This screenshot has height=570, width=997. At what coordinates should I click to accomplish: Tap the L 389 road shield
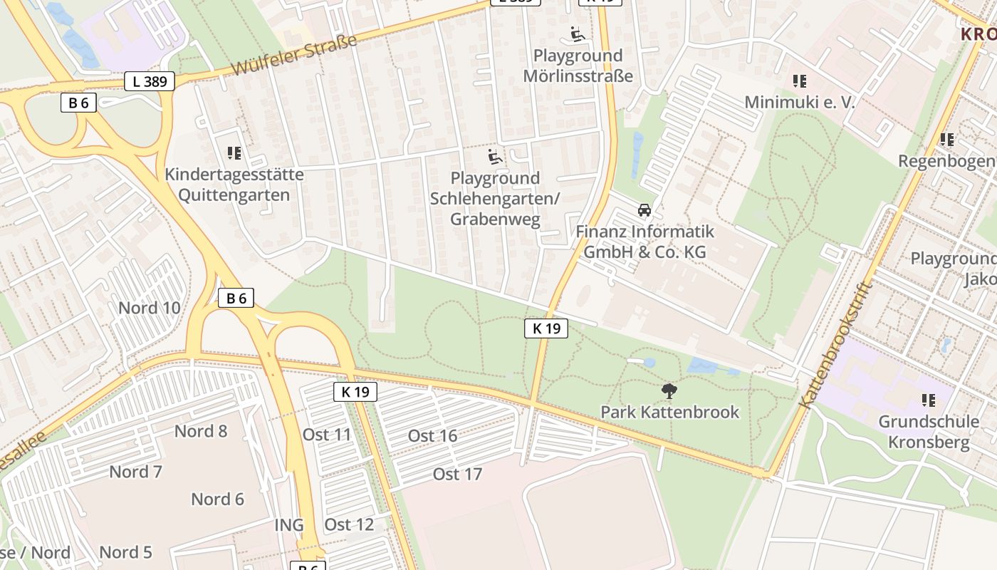tap(150, 81)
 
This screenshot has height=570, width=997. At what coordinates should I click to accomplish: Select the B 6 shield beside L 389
tap(78, 103)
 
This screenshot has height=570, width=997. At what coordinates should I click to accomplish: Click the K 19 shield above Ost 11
tap(355, 391)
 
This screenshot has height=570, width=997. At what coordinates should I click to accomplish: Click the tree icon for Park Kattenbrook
tap(669, 390)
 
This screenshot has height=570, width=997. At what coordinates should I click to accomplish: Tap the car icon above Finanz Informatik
tap(644, 210)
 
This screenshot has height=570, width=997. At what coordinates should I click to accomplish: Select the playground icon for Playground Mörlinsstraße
tap(578, 34)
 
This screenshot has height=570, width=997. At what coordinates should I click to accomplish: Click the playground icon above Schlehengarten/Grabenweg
tap(495, 157)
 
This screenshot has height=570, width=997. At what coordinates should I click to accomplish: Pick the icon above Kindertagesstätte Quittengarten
tap(234, 153)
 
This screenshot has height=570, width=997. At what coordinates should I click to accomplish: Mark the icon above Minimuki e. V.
tap(799, 81)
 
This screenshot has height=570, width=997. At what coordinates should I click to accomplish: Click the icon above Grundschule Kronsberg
tap(928, 400)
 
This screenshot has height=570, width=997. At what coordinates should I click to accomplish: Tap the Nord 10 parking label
tap(149, 308)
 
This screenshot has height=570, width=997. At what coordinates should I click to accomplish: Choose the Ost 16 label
tap(432, 436)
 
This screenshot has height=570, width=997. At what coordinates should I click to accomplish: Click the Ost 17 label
tap(457, 474)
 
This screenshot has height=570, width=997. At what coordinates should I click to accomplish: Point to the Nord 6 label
tap(218, 499)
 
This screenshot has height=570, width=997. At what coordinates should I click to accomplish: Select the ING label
tap(289, 525)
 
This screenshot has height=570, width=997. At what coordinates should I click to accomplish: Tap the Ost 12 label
tap(349, 525)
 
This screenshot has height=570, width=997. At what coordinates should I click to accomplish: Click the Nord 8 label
tap(201, 431)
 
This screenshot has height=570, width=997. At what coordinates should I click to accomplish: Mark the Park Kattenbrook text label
tap(669, 412)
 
